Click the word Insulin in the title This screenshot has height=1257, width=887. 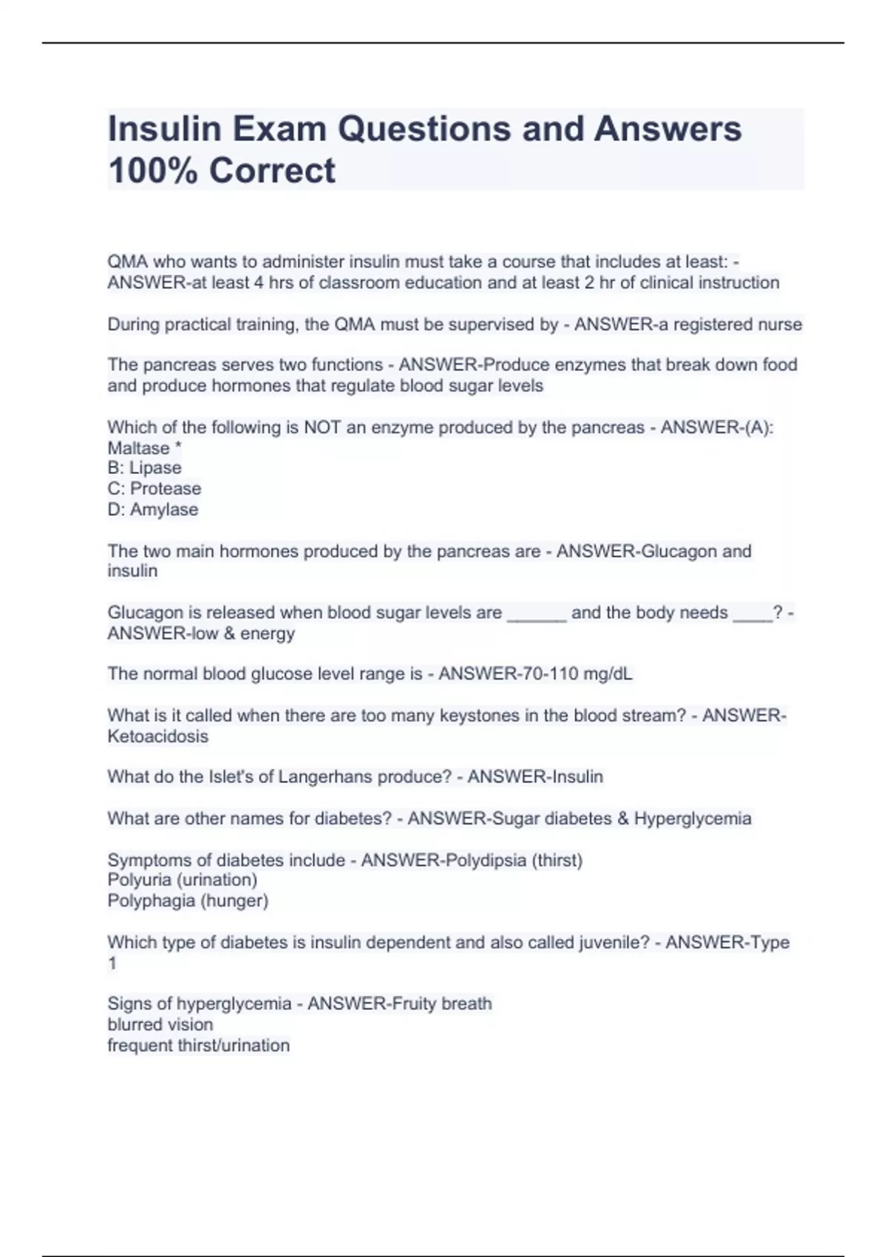tap(165, 129)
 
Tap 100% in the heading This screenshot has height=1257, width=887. tap(153, 171)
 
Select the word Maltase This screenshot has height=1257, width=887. tap(138, 448)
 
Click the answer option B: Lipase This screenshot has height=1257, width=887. tap(144, 468)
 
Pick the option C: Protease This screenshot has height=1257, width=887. tap(154, 489)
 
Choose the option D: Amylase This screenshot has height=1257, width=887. tap(152, 509)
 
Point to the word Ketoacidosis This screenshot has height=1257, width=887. tap(158, 736)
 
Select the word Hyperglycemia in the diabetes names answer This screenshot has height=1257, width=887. tap(693, 819)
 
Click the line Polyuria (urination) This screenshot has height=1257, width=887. tap(183, 880)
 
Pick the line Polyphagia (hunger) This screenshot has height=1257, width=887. tap(188, 901)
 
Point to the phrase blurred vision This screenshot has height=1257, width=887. tap(160, 1025)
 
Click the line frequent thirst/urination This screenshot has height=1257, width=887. tap(198, 1046)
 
